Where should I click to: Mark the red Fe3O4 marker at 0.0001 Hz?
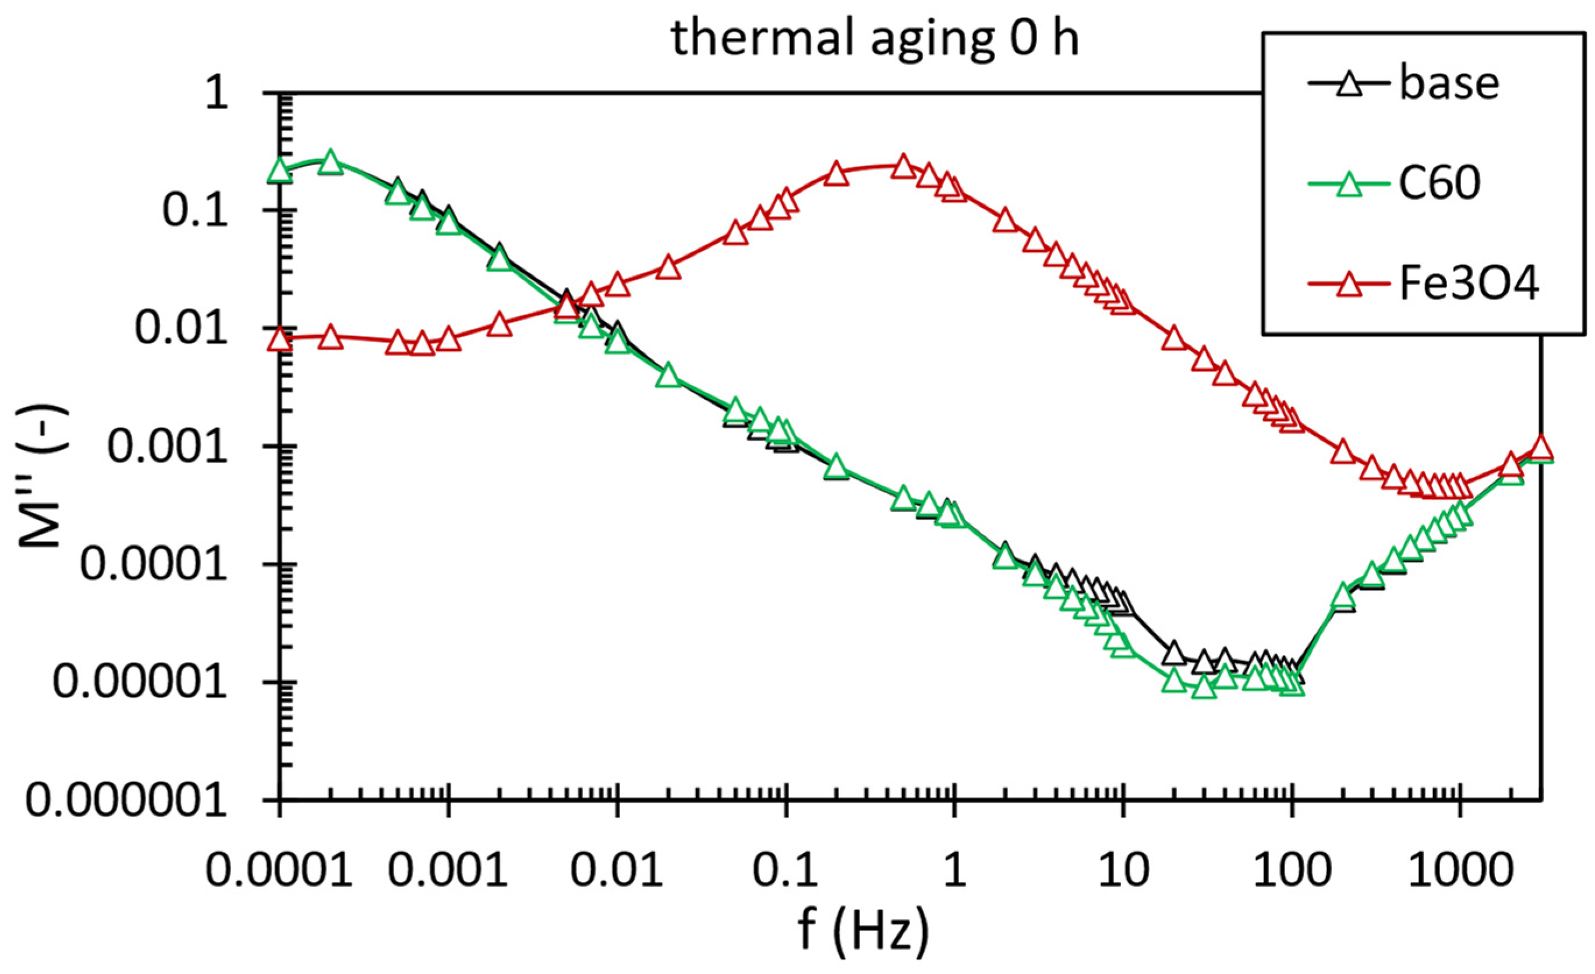(280, 338)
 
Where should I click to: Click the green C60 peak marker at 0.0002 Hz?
(330, 162)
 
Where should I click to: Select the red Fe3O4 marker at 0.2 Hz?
(836, 174)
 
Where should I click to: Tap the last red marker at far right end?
(1541, 447)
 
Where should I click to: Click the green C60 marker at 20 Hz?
(1173, 681)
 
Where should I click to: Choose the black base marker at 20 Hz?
(1173, 654)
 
